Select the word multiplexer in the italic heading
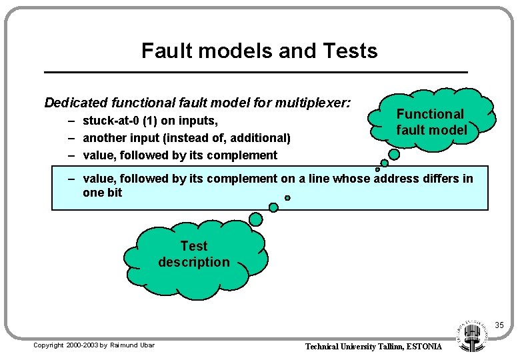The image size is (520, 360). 312,103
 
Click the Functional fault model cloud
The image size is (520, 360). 431,122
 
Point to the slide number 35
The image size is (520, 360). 499,326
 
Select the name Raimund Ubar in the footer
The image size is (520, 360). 131,345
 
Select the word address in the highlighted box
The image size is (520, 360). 400,178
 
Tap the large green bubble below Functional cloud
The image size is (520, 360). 394,154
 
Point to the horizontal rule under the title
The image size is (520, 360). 256,71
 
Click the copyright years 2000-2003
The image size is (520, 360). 83,345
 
